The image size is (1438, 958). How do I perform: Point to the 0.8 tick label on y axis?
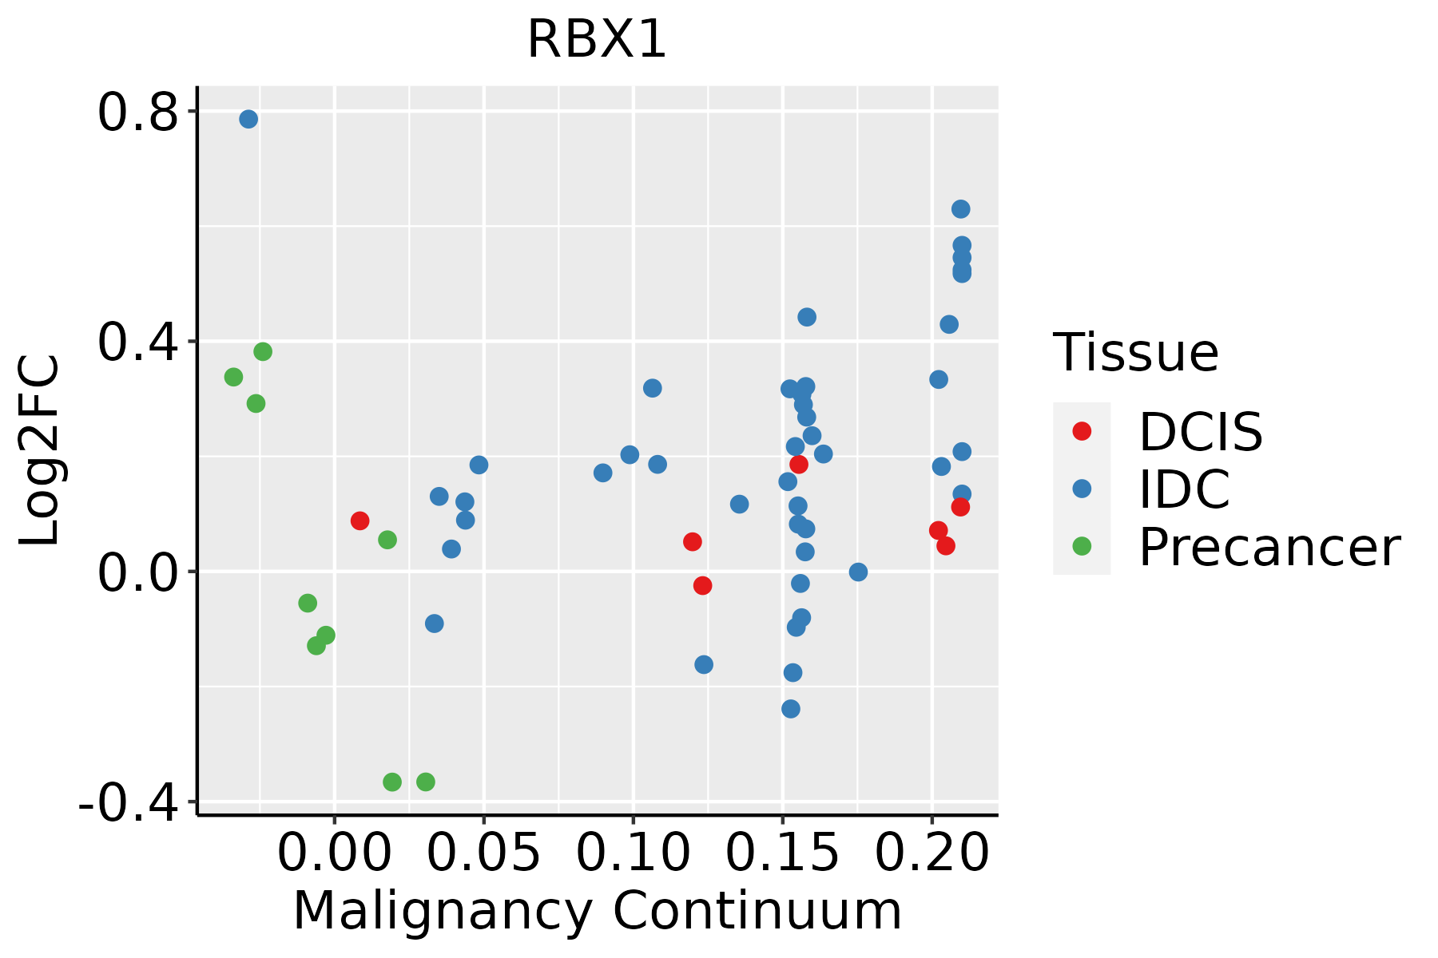137,113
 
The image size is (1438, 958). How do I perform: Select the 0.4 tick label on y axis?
137,342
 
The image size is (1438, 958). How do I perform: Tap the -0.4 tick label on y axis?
128,803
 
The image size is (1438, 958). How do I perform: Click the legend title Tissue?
1135,352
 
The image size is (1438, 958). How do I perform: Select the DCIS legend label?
1200,432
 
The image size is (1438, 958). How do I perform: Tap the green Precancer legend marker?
1082,546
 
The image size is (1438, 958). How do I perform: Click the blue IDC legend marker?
1082,489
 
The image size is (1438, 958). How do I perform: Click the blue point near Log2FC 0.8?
248,119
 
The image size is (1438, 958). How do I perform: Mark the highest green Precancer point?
263,351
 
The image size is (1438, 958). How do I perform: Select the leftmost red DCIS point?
359,521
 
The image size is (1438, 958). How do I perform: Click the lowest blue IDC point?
791,709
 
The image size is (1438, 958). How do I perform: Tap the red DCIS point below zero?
702,586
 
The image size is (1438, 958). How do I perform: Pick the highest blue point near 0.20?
960,209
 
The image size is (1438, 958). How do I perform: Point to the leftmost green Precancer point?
233,377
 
